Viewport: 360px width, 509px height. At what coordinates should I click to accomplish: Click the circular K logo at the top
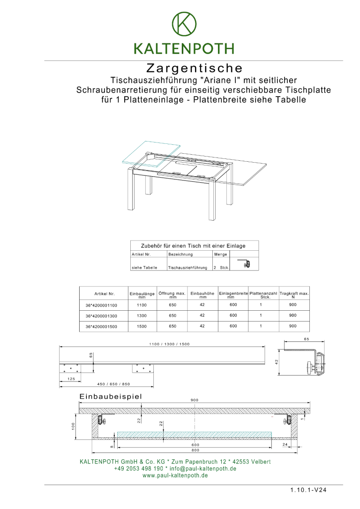pyautogui.click(x=184, y=23)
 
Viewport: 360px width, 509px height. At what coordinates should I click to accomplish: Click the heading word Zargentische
pyautogui.click(x=194, y=69)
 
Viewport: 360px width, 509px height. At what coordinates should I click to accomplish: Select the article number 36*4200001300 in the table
pyautogui.click(x=101, y=316)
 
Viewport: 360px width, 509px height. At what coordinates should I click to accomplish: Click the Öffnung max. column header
pyautogui.click(x=172, y=294)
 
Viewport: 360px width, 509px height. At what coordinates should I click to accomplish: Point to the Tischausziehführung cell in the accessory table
pyautogui.click(x=187, y=268)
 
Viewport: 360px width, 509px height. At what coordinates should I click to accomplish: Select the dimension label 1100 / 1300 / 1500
pyautogui.click(x=169, y=344)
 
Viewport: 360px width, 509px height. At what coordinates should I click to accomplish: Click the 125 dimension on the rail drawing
pyautogui.click(x=71, y=379)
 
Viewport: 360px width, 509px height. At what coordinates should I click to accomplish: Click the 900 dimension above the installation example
pyautogui.click(x=194, y=400)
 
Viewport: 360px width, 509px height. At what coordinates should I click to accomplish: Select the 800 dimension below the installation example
pyautogui.click(x=195, y=450)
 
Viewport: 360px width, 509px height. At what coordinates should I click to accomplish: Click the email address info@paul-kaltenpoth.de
pyautogui.click(x=202, y=469)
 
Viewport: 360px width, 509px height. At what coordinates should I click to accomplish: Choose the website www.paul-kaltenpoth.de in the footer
pyautogui.click(x=175, y=475)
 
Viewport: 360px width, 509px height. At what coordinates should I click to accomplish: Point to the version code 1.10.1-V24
pyautogui.click(x=308, y=490)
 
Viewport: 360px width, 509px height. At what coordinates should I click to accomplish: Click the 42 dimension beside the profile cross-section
pyautogui.click(x=277, y=361)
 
